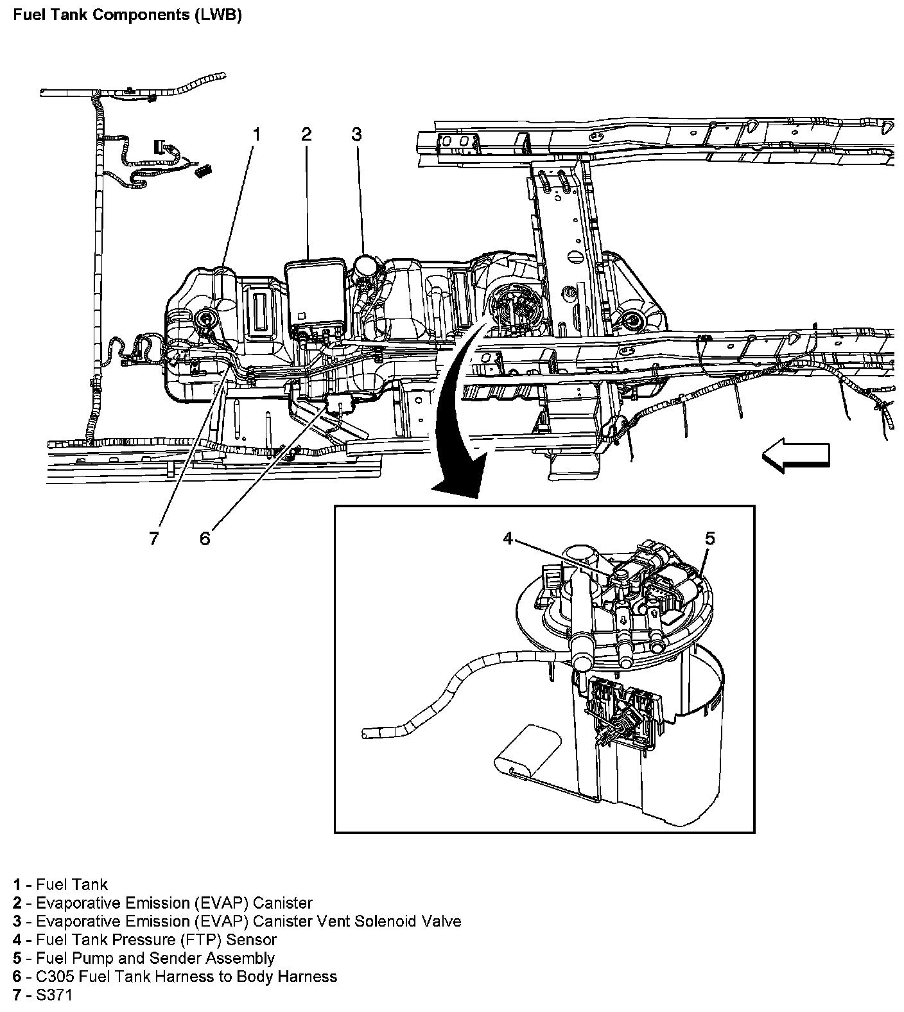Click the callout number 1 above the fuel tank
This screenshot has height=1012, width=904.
point(257,134)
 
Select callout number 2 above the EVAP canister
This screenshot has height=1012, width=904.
point(307,134)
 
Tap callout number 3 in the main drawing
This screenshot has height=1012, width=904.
point(356,134)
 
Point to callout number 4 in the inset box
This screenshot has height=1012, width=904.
point(508,538)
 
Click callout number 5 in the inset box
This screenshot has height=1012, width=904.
point(709,538)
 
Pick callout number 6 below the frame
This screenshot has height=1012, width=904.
point(205,538)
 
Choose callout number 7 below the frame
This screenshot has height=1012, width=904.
point(153,538)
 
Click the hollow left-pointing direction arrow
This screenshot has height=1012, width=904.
point(795,455)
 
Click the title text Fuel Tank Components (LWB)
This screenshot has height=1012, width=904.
point(127,15)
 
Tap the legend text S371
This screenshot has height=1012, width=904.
point(55,995)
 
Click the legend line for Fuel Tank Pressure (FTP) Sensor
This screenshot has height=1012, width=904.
point(156,939)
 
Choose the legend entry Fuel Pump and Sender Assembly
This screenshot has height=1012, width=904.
point(155,958)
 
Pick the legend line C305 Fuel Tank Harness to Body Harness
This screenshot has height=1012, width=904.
point(186,977)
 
